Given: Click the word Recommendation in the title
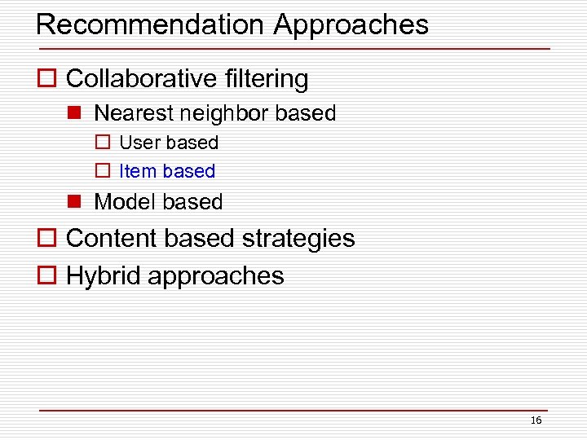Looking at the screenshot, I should coord(151,24).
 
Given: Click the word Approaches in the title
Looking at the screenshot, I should coord(351,26).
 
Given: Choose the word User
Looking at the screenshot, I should coord(140,143).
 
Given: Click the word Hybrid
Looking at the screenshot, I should coord(103,275).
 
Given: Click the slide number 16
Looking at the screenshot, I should coord(536,420).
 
